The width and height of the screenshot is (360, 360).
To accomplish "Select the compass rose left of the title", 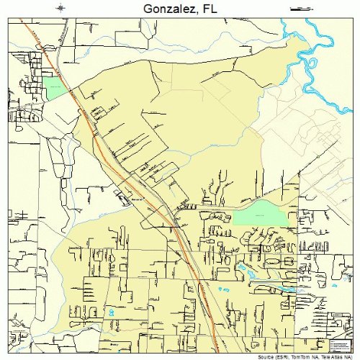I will (61, 8).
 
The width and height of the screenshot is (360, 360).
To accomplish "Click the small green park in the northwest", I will (53, 88).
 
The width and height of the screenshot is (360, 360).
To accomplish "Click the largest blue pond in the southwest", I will (111, 312).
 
